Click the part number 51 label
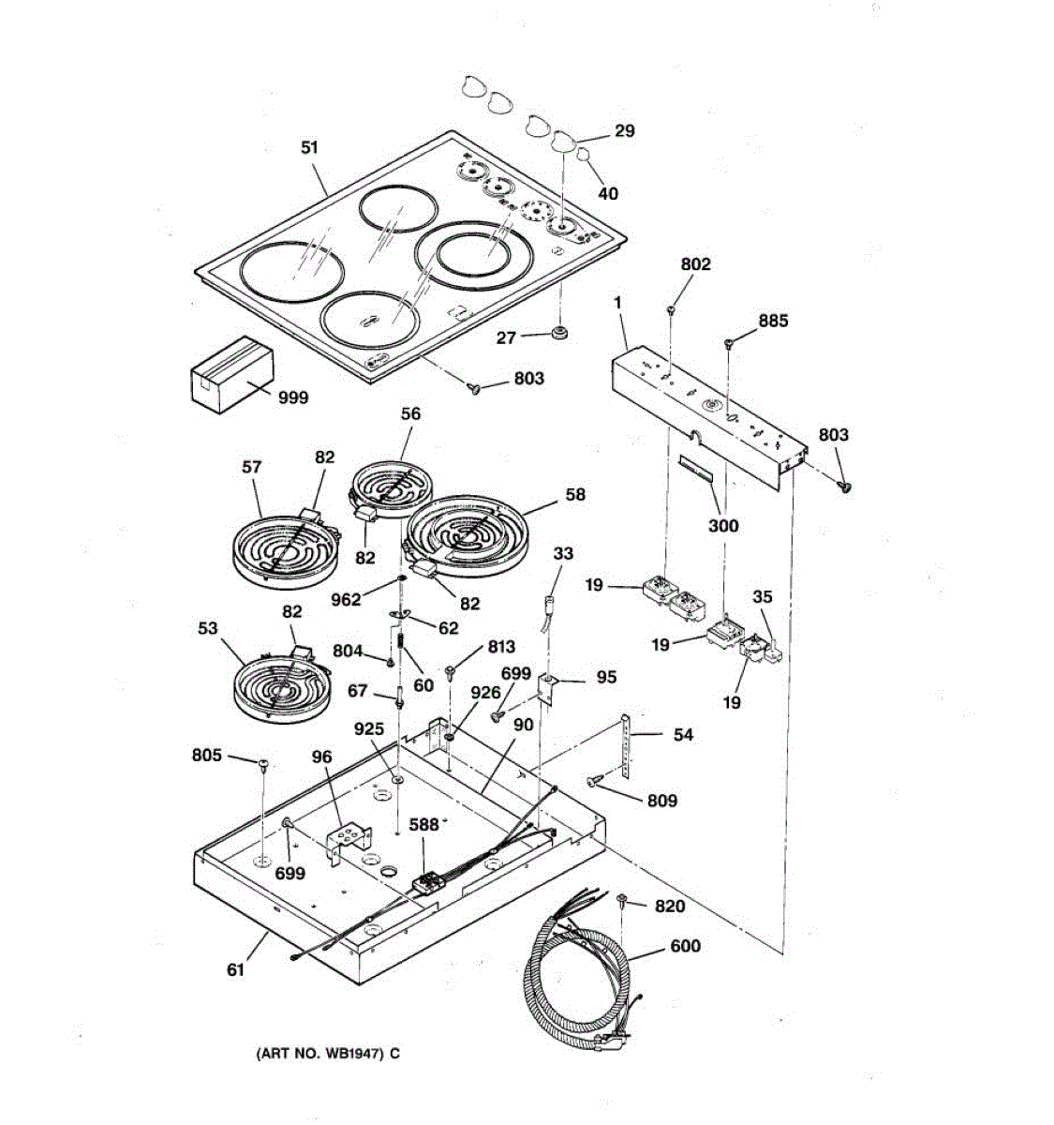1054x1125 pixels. click(x=309, y=147)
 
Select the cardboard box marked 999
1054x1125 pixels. click(x=231, y=374)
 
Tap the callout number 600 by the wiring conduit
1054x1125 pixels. click(x=685, y=946)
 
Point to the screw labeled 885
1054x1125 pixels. click(x=729, y=346)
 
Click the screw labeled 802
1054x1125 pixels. click(x=673, y=309)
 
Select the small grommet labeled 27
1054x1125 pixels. click(x=560, y=333)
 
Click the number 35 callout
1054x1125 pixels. click(x=763, y=596)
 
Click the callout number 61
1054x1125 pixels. click(x=235, y=969)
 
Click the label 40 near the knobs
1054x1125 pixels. click(x=608, y=193)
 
